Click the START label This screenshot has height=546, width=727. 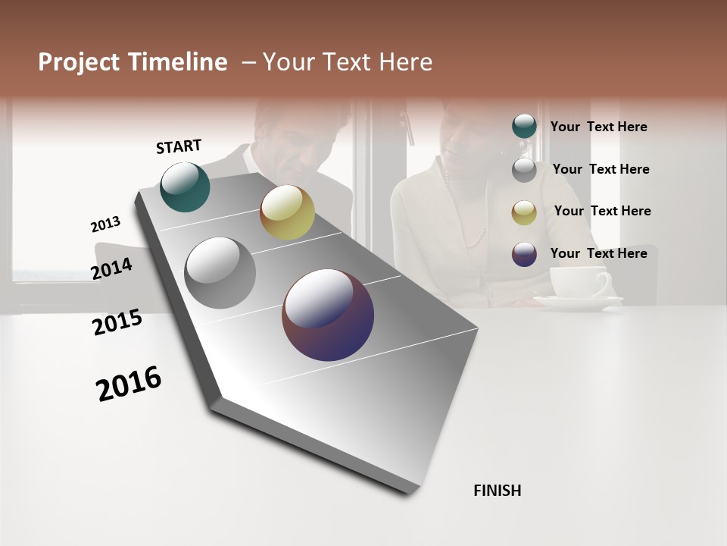(179, 146)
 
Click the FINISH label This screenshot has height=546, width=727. (497, 491)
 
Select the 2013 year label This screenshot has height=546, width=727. (105, 224)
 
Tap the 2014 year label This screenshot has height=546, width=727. (112, 268)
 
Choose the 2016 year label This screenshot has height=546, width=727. (129, 384)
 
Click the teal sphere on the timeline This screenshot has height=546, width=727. (185, 187)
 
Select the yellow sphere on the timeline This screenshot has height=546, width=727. (287, 212)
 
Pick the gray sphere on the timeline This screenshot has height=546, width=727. (220, 273)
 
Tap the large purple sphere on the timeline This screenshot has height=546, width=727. (328, 315)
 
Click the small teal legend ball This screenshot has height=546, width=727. (524, 127)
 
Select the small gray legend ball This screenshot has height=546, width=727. (524, 169)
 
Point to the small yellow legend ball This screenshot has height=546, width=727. (524, 212)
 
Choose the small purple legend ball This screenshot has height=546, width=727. (524, 254)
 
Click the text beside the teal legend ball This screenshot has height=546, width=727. (598, 127)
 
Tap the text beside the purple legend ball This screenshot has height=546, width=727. (598, 253)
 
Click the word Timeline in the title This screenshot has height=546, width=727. (178, 62)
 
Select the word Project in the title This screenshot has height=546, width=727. (80, 62)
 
